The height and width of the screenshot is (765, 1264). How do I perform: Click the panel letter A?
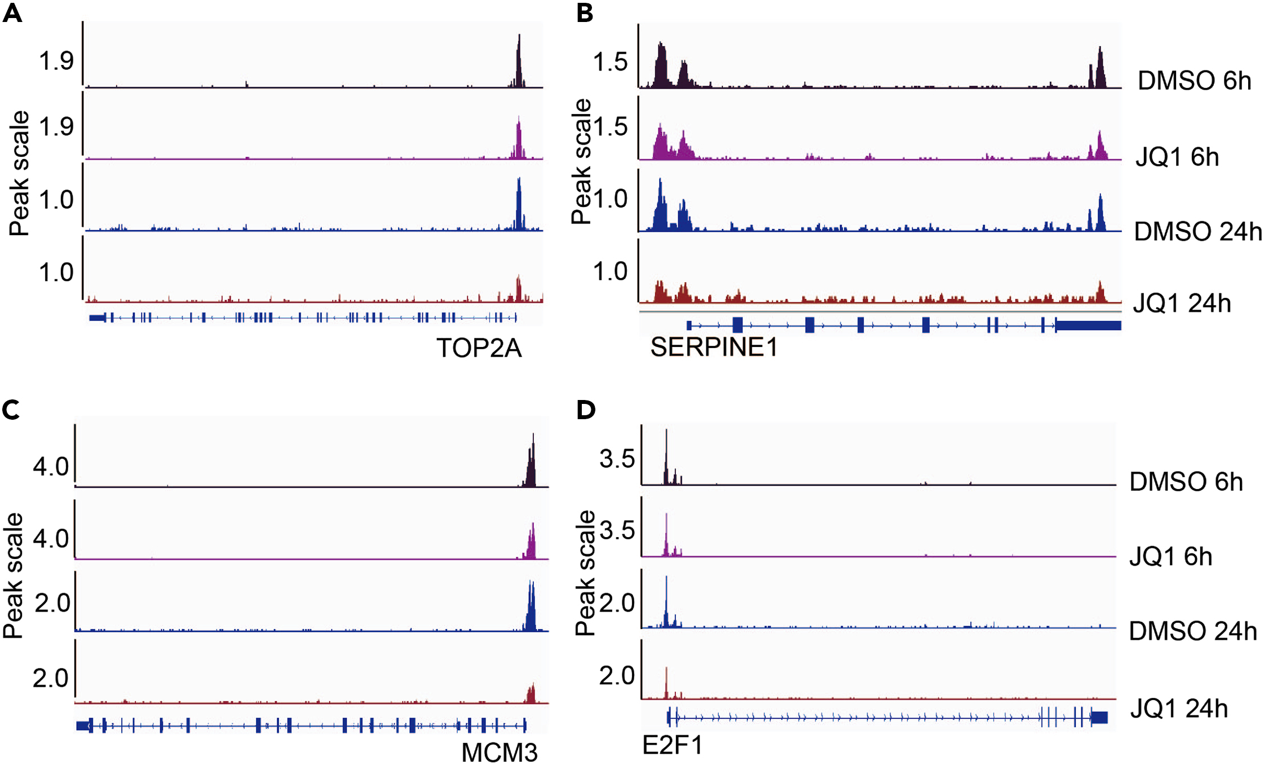click(x=12, y=12)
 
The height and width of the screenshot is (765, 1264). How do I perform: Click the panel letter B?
click(x=585, y=12)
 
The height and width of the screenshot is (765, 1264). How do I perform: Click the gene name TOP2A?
click(x=479, y=348)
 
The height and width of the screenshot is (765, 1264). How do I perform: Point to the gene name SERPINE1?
click(x=714, y=347)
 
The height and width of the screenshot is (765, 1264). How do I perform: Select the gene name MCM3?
click(x=500, y=752)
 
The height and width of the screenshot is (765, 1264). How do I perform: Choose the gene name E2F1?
click(x=672, y=745)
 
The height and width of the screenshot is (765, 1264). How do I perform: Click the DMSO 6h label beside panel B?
click(x=1194, y=81)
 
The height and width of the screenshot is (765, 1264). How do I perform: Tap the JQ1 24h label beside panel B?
click(x=1182, y=304)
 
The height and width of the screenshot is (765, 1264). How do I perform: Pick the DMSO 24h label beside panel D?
click(x=1193, y=631)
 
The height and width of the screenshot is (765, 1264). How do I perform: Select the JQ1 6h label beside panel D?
click(x=1170, y=556)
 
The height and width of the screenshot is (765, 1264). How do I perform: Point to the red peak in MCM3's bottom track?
click(x=531, y=694)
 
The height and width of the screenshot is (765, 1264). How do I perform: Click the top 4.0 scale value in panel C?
click(x=51, y=467)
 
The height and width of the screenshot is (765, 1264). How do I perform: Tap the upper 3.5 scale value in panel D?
click(x=617, y=459)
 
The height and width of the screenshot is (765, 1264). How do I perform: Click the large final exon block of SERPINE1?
click(x=1088, y=325)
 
